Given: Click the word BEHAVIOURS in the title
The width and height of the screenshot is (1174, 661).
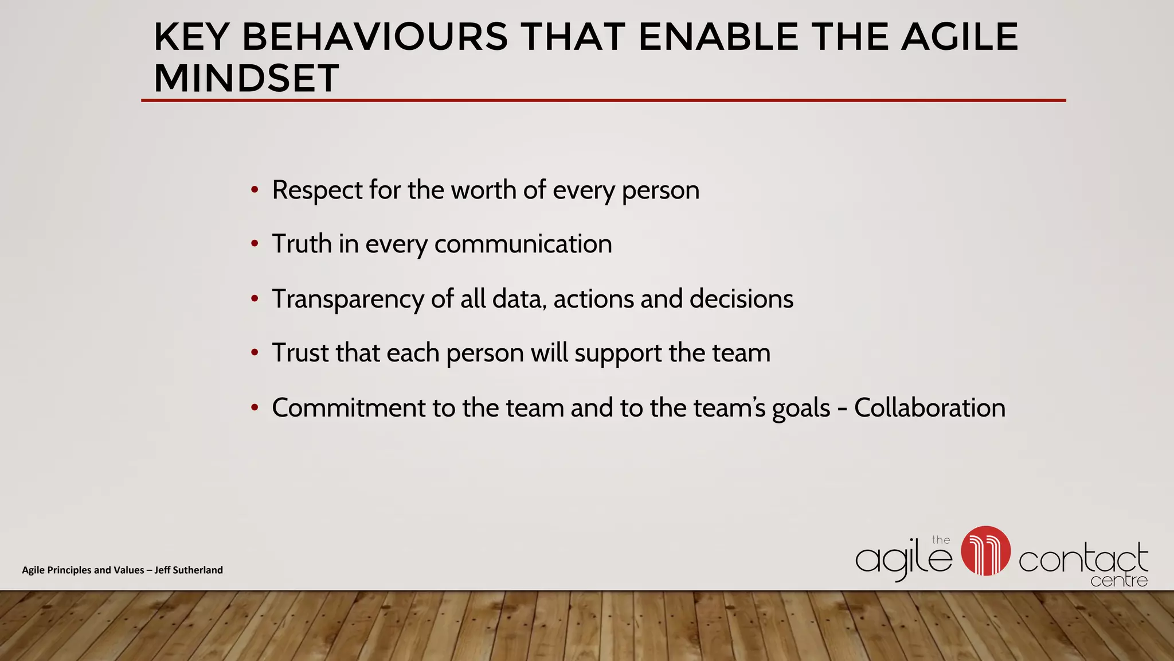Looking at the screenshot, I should [375, 37].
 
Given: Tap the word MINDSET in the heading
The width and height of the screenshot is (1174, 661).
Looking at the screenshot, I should [246, 78].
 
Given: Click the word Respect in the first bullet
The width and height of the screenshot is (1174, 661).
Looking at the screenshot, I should [317, 190].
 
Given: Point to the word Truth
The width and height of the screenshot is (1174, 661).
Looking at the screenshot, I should [302, 244].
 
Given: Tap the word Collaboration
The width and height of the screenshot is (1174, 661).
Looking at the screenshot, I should [929, 408].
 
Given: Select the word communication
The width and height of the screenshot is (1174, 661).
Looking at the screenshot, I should [523, 244].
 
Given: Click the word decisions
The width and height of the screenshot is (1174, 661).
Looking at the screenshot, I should [741, 299].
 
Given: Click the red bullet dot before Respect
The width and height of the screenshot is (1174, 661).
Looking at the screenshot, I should [255, 190].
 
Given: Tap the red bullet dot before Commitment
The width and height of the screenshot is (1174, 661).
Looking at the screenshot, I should [255, 408].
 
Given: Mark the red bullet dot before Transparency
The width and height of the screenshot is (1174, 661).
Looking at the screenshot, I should [255, 299].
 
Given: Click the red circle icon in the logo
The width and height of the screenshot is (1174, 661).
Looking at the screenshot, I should [985, 551].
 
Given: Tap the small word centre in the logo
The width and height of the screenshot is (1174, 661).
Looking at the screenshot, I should [1118, 581].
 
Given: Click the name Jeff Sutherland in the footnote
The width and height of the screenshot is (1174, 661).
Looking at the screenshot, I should [189, 570].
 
